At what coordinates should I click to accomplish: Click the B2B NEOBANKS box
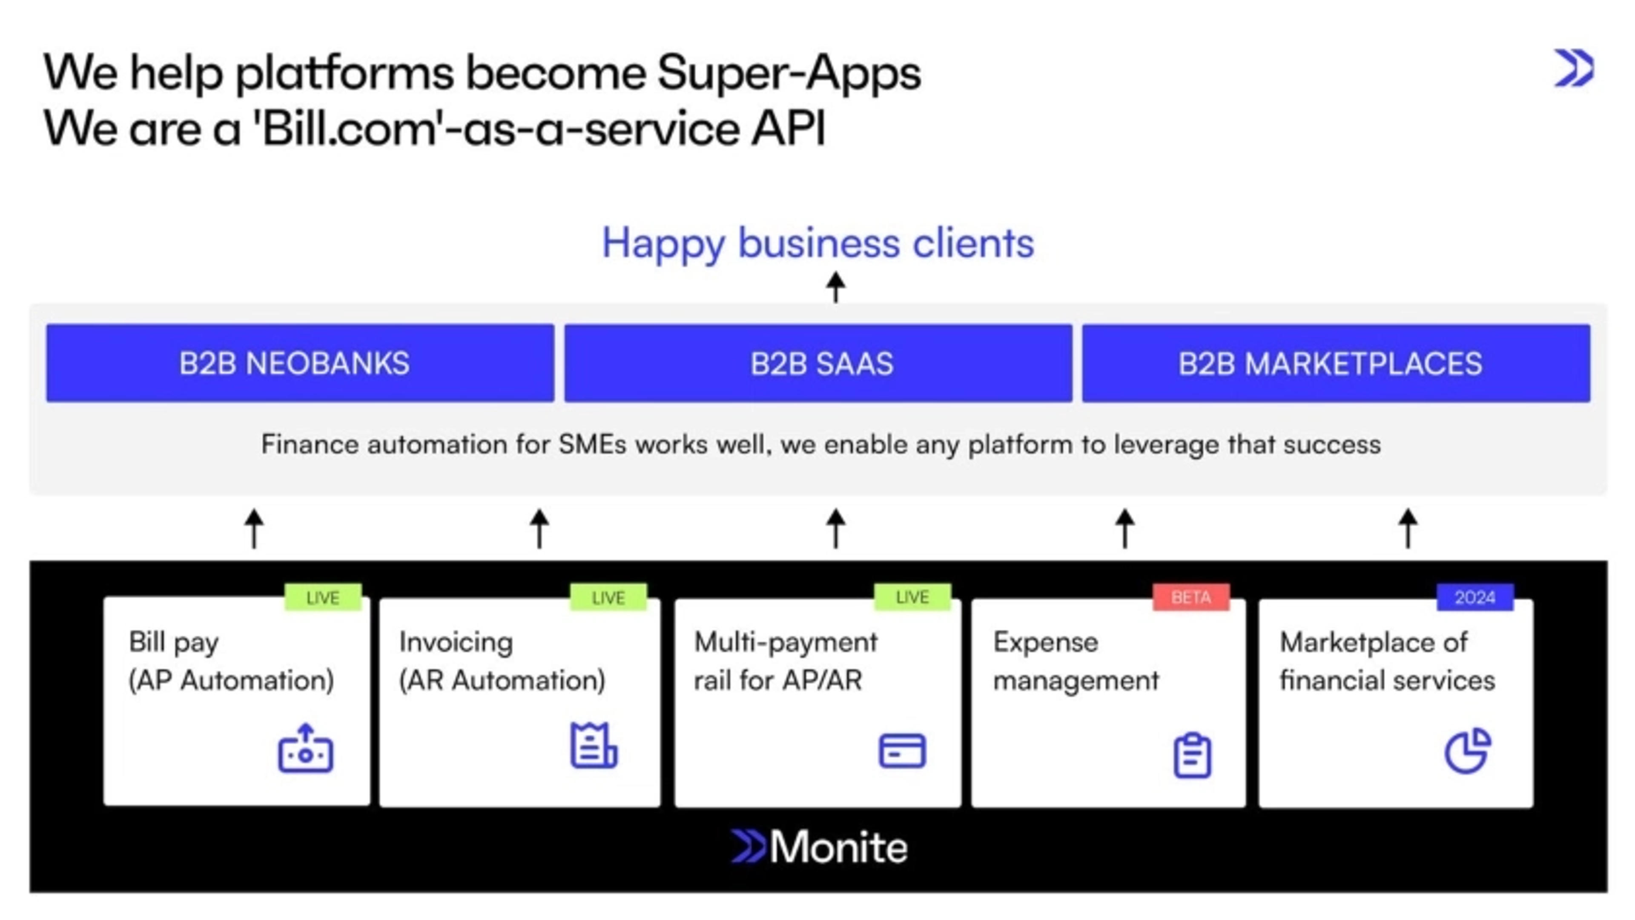click(300, 363)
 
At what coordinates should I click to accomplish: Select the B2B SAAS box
click(818, 363)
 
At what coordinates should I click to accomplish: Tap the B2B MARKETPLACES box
click(1336, 363)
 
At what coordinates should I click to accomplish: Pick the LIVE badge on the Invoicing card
click(608, 598)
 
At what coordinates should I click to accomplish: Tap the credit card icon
click(902, 751)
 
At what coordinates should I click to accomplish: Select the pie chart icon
click(1467, 751)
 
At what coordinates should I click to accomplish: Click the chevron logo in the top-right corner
click(1574, 68)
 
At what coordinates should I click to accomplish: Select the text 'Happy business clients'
click(817, 243)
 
